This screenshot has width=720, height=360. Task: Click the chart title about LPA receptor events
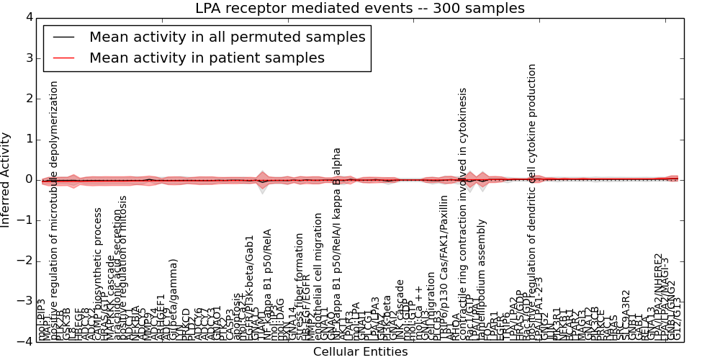pos(359,9)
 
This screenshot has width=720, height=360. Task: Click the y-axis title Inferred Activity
pos(6,179)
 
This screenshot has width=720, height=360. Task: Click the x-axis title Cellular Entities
pos(360,352)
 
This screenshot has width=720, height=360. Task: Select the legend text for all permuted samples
pos(227,37)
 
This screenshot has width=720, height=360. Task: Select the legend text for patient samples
pos(207,58)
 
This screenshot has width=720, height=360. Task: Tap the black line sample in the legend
pos(63,37)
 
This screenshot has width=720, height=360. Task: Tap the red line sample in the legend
pos(63,58)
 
